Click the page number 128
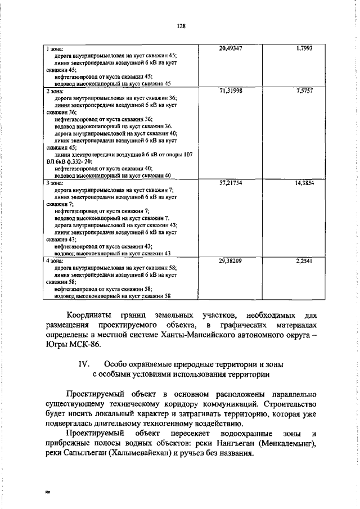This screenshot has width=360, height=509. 180,26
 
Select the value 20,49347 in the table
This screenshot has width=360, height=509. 231,49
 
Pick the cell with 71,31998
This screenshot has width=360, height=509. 231,91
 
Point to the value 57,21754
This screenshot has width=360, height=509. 231,183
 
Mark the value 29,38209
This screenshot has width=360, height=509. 231,261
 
